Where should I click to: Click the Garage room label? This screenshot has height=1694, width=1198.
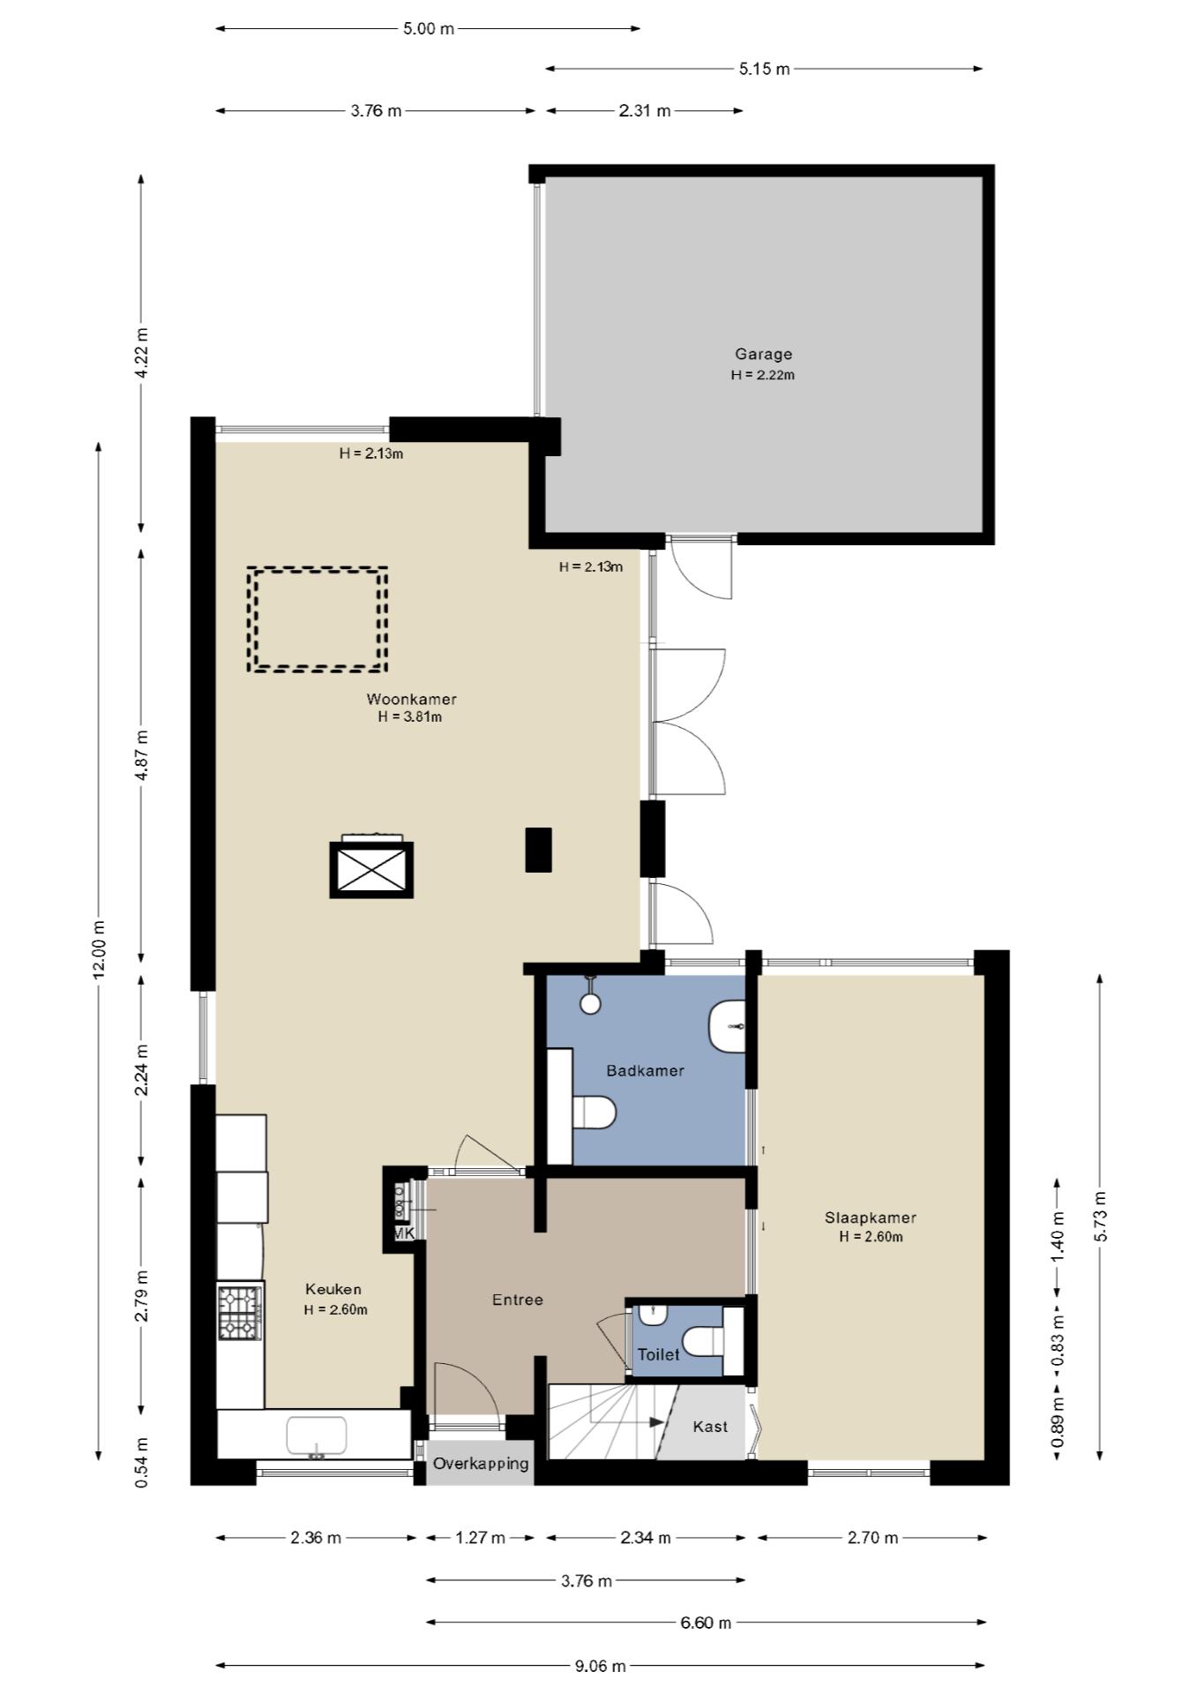(x=763, y=354)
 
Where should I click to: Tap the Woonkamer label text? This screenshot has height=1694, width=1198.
(x=411, y=699)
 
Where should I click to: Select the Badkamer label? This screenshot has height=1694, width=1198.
(x=645, y=1070)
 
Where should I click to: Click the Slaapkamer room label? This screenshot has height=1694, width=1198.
(x=870, y=1218)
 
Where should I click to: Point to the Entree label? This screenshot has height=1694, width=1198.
(x=517, y=1300)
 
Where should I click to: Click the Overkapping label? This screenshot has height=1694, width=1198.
(x=481, y=1464)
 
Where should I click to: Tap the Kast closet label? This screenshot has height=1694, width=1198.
(x=710, y=1427)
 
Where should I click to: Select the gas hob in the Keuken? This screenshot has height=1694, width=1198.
(x=240, y=1313)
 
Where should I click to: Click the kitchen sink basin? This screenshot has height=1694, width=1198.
(x=316, y=1435)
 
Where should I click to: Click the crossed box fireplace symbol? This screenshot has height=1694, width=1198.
(x=371, y=870)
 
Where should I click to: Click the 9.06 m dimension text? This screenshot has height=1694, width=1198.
(x=600, y=1666)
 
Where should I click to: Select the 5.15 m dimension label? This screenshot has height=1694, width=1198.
(x=764, y=69)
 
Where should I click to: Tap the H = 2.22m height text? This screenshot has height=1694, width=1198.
(x=763, y=374)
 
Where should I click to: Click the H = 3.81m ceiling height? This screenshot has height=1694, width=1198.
(x=410, y=716)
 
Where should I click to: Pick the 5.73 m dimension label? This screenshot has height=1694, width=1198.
(x=1099, y=1217)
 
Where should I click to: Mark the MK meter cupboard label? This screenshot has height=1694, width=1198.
(x=403, y=1233)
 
